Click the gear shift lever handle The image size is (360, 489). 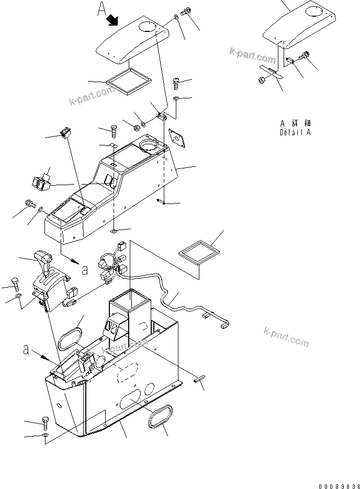pos(43,257)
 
